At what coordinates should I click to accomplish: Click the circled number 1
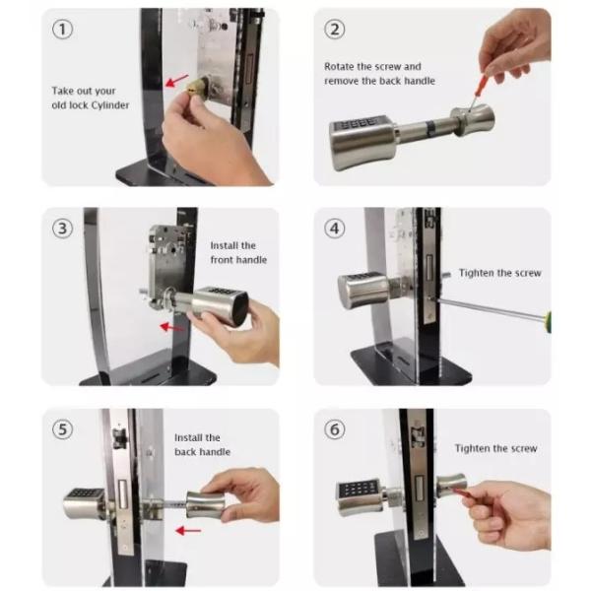(x=63, y=30)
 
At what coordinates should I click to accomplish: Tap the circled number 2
(x=334, y=30)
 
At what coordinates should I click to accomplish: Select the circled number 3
(x=63, y=229)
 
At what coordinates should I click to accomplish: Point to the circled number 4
(x=334, y=229)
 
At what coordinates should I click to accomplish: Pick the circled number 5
(x=63, y=429)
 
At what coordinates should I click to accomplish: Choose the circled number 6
(x=334, y=429)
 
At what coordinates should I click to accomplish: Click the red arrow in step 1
(x=176, y=81)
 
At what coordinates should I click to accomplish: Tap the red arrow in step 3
(x=172, y=327)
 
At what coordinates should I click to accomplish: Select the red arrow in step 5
(x=188, y=531)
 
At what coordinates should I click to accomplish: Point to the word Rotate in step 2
(x=339, y=66)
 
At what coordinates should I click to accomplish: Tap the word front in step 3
(x=222, y=260)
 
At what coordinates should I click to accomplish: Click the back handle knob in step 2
(x=473, y=119)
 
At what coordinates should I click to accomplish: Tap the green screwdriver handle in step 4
(x=549, y=321)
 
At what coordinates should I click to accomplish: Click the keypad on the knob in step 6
(x=359, y=489)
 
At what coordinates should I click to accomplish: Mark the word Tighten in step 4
(x=477, y=273)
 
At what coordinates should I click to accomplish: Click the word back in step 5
(x=184, y=451)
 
